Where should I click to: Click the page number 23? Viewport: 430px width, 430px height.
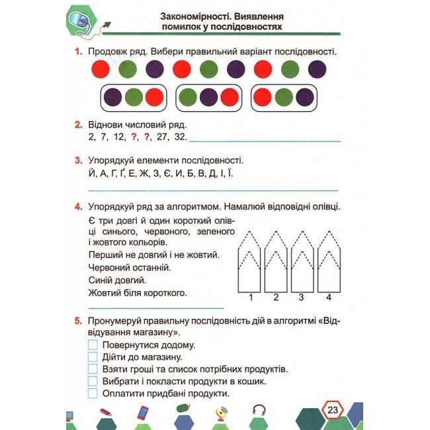tap(332, 411)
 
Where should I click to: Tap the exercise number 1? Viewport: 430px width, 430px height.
tap(77, 52)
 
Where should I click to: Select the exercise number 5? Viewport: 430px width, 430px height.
tap(77, 321)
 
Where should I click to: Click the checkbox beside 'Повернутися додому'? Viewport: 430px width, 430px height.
tap(93, 345)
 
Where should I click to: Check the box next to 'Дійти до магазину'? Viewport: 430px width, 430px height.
tap(93, 357)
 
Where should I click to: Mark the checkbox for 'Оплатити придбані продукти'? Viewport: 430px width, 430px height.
tap(93, 394)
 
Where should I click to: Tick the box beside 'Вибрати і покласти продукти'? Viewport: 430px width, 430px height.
tap(93, 382)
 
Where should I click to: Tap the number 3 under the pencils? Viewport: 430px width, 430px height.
tap(301, 297)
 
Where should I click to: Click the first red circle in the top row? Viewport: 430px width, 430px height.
tap(101, 68)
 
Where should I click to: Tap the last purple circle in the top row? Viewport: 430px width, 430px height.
tap(317, 68)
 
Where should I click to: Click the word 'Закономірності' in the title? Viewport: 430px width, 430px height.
tap(194, 15)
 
